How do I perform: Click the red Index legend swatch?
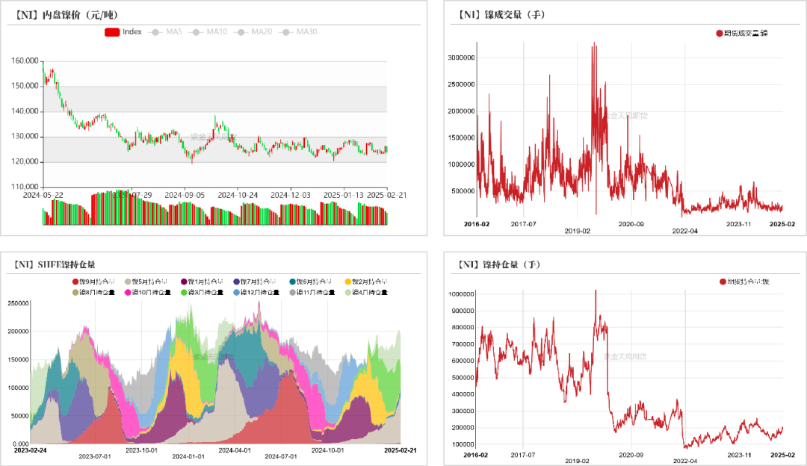click(112, 32)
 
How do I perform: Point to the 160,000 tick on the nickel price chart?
click(26, 61)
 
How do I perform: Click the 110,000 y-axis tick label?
click(26, 187)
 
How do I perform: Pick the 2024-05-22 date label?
click(43, 195)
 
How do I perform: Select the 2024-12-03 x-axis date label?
click(289, 195)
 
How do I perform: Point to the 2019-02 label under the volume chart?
click(577, 232)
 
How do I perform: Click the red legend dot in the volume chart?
click(719, 33)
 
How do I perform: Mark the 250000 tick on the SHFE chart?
click(19, 303)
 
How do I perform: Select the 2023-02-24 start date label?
click(30, 450)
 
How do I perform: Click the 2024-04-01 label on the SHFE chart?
click(234, 450)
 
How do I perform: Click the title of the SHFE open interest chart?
click(55, 264)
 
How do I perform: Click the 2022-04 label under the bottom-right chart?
click(684, 461)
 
